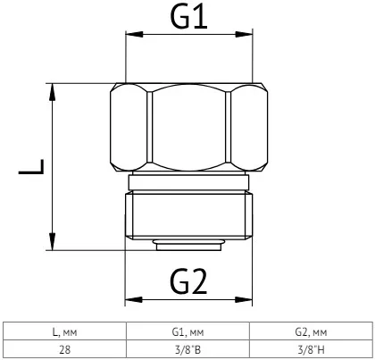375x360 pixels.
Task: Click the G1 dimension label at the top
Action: pos(188,17)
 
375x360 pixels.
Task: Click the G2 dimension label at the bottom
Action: pos(188,282)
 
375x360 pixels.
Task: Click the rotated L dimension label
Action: pos(31,167)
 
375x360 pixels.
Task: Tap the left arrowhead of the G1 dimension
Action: pos(134,34)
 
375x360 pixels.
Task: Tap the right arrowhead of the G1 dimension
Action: pos(244,34)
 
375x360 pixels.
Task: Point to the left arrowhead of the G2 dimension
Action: pos(134,300)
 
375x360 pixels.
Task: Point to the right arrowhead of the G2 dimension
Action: pos(244,300)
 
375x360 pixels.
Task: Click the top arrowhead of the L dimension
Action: pos(53,92)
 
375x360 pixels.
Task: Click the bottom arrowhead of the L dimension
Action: pos(53,241)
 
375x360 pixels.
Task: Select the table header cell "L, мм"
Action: pos(64,332)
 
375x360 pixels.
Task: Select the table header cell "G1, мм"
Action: pos(187,332)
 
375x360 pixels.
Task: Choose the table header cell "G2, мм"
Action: pos(311,332)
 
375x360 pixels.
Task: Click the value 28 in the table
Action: pos(64,349)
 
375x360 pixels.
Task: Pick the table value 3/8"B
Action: pos(187,349)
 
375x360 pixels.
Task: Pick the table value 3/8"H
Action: pos(311,349)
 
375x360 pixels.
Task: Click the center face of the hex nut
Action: pos(188,127)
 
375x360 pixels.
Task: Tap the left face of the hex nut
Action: pos(129,127)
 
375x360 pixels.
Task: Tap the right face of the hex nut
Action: pos(249,127)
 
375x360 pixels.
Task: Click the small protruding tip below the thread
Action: pos(188,245)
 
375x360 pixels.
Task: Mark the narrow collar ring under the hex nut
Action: pos(188,182)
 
